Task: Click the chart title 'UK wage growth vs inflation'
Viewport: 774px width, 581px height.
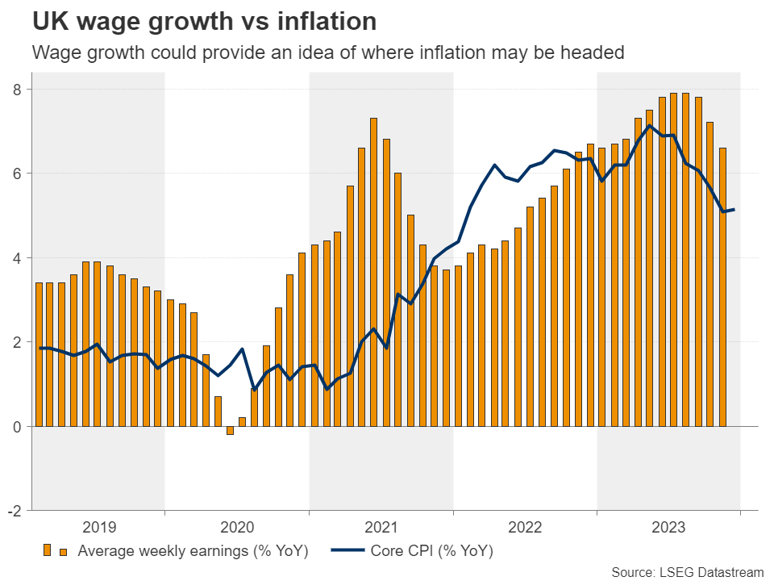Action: (x=193, y=20)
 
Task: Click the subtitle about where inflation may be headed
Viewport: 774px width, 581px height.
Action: (x=327, y=53)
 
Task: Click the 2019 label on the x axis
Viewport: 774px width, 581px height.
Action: (x=98, y=528)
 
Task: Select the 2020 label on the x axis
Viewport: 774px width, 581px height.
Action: (x=237, y=528)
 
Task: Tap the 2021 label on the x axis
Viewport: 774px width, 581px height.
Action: (x=381, y=528)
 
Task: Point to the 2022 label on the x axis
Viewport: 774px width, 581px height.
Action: (x=526, y=528)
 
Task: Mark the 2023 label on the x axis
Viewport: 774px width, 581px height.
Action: (x=668, y=528)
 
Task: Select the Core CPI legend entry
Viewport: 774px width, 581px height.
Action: (x=431, y=553)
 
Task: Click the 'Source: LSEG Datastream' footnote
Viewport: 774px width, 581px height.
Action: (x=688, y=572)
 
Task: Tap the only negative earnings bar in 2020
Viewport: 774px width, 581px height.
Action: (x=230, y=430)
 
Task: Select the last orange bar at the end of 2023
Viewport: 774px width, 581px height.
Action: (x=722, y=286)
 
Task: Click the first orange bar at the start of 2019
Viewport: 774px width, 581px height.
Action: (x=38, y=354)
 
